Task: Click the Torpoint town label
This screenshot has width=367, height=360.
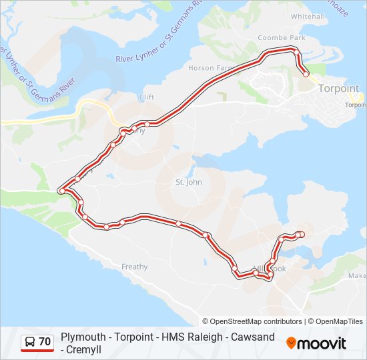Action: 339,88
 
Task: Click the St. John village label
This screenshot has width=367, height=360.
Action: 188,181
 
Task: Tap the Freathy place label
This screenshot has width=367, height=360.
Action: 134,267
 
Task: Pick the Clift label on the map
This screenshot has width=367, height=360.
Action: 146,97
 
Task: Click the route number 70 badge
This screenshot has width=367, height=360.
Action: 45,342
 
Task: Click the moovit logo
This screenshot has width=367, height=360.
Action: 316,343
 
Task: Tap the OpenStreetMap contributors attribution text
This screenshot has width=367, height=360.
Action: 252,321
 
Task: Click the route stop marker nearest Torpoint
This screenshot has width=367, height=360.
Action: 306,74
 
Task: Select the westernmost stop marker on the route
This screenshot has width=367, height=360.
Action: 61,191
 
